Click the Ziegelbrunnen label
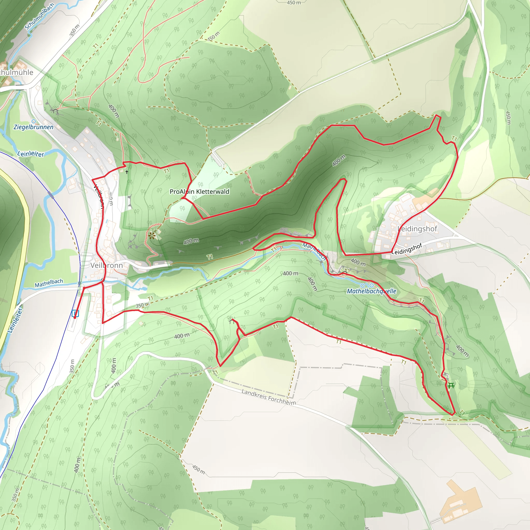(x=33, y=127)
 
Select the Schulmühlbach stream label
(x=40, y=17)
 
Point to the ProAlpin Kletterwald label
(x=200, y=192)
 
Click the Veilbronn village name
(x=106, y=265)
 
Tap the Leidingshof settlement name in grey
(x=417, y=229)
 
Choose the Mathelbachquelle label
(x=371, y=291)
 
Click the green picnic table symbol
(x=451, y=386)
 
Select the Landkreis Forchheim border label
(x=269, y=397)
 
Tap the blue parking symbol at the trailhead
(x=75, y=313)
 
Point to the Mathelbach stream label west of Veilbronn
(x=49, y=283)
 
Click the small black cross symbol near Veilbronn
(x=127, y=172)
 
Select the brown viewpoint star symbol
(x=152, y=235)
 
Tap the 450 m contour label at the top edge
(x=293, y=3)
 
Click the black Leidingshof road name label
(x=407, y=248)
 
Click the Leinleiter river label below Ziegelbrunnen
(x=31, y=154)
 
